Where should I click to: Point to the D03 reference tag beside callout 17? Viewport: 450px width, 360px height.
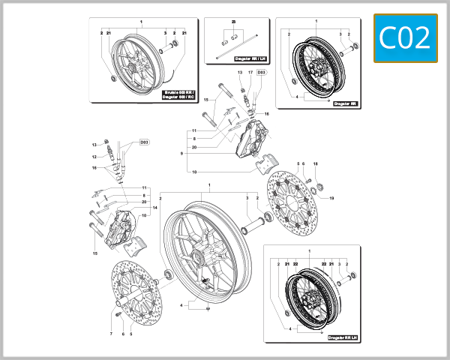[x=261, y=73]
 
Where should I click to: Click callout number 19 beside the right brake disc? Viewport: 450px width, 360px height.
[x=331, y=197]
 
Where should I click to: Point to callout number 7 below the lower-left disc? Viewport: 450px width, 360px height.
[x=111, y=334]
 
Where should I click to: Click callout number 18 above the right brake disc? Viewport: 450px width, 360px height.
[x=316, y=163]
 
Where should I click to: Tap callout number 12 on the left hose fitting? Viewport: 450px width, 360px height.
[x=95, y=157]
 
